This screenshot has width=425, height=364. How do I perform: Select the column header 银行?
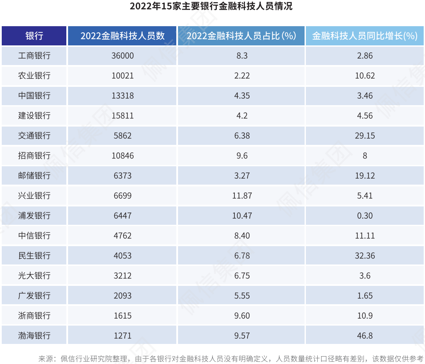(34, 36)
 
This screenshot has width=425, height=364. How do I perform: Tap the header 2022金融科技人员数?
(122, 36)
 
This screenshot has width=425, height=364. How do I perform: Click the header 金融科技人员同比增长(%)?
(365, 36)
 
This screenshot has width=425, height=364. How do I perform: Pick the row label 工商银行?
(34, 56)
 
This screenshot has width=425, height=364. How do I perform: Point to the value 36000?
(122, 56)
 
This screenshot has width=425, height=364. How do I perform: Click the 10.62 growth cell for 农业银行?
(365, 76)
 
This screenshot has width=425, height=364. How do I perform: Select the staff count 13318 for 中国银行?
(122, 96)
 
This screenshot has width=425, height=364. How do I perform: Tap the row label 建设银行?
(34, 116)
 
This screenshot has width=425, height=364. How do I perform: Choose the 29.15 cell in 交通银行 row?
(365, 136)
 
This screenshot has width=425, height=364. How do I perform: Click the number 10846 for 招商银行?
(122, 156)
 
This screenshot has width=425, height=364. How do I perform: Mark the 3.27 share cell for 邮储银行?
(242, 176)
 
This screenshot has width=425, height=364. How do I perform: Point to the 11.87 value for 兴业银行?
(242, 196)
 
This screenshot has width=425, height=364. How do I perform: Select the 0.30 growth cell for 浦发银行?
(365, 216)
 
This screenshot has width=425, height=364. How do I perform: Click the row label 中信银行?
(34, 236)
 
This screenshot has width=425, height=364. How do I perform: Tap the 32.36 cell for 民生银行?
(365, 256)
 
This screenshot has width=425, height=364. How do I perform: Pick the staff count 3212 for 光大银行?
(122, 276)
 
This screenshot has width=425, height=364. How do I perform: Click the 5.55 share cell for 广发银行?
(242, 296)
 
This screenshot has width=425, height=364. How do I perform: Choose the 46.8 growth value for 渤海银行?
(365, 336)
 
